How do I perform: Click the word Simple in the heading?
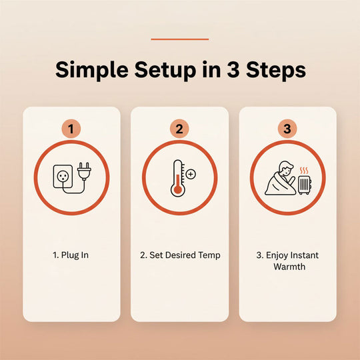pyautogui.click(x=91, y=70)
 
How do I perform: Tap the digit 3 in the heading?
pyautogui.click(x=233, y=69)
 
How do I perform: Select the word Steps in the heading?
pyautogui.click(x=276, y=70)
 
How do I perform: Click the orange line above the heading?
pyautogui.click(x=180, y=39)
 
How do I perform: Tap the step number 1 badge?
pyautogui.click(x=71, y=129)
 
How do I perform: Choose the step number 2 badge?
pyautogui.click(x=179, y=129)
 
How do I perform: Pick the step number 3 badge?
pyautogui.click(x=287, y=129)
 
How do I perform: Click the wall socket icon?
pyautogui.click(x=63, y=177)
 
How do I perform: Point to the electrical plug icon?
pyautogui.click(x=84, y=171)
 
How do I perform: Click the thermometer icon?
pyautogui.click(x=178, y=178)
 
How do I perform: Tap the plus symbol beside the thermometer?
pyautogui.click(x=191, y=174)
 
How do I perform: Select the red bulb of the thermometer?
pyautogui.click(x=178, y=190)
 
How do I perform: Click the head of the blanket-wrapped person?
pyautogui.click(x=285, y=167)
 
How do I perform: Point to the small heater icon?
pyautogui.click(x=305, y=185)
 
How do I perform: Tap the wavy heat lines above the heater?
pyautogui.click(x=304, y=171)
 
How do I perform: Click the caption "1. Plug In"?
pyautogui.click(x=71, y=255)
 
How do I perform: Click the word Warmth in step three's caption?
pyautogui.click(x=289, y=267)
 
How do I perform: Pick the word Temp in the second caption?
pyautogui.click(x=209, y=255)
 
